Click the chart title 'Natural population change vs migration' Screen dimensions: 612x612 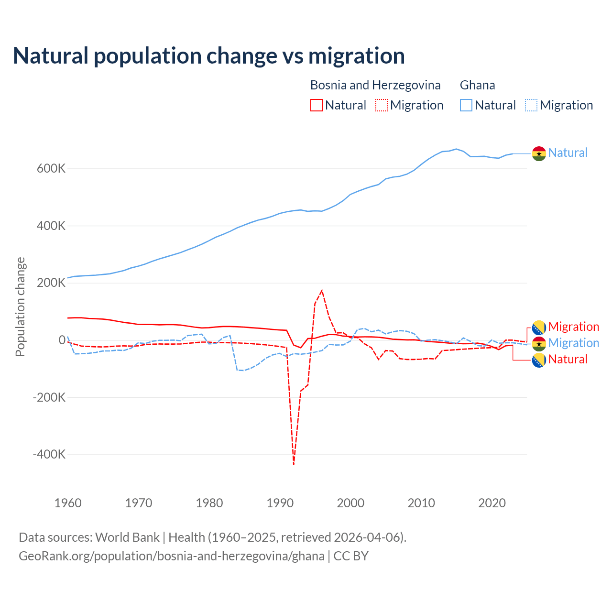click(x=209, y=56)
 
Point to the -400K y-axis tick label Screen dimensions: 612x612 click(x=49, y=454)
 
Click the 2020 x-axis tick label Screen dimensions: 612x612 click(x=492, y=503)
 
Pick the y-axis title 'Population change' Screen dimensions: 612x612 click(x=20, y=306)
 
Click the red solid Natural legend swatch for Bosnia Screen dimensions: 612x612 click(x=316, y=105)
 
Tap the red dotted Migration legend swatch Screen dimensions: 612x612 click(x=382, y=105)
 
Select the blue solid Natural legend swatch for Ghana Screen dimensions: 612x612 click(x=466, y=105)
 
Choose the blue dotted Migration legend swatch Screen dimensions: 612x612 click(x=531, y=105)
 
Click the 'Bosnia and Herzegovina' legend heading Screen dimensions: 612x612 click(x=375, y=85)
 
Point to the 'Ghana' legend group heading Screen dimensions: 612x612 click(x=477, y=85)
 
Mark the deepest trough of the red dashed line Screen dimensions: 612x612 click(x=294, y=464)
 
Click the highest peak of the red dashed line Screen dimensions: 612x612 click(x=322, y=290)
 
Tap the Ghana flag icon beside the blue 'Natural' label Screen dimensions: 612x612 click(x=539, y=153)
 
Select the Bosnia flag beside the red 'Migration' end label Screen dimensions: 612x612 click(x=539, y=328)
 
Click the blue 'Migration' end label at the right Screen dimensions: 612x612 click(x=573, y=343)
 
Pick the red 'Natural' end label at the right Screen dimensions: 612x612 click(x=568, y=359)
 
